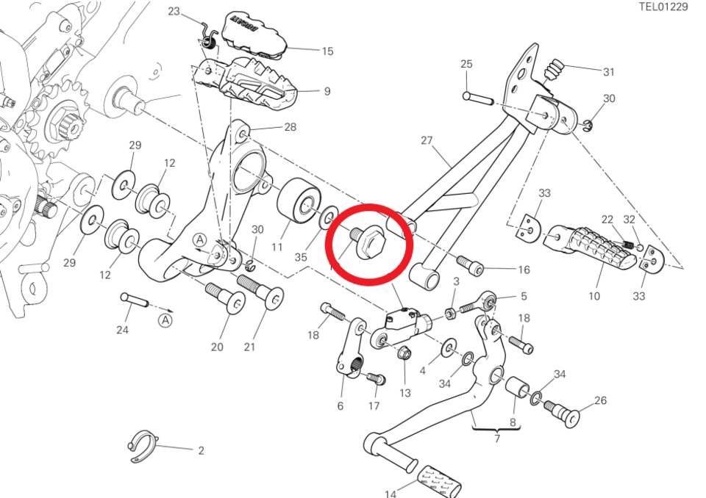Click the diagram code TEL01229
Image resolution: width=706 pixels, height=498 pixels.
point(663,7)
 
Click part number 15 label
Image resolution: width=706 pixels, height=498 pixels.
point(327,51)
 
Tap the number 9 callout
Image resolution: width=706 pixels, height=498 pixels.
point(327,92)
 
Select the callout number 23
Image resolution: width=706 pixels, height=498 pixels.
point(174,11)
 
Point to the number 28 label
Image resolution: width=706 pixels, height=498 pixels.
point(290,127)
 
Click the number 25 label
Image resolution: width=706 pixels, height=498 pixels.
point(466,65)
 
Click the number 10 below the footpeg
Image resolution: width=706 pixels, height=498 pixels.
point(594,296)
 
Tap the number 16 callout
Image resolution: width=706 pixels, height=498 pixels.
point(524,270)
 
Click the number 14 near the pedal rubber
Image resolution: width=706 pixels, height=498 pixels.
point(391,494)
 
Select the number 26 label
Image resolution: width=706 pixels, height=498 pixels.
point(600,401)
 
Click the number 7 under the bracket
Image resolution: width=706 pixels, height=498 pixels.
point(497,439)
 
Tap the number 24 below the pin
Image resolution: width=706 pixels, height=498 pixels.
point(122,331)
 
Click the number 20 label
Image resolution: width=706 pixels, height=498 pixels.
point(217,347)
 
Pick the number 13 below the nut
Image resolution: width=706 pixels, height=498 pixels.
point(405,393)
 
